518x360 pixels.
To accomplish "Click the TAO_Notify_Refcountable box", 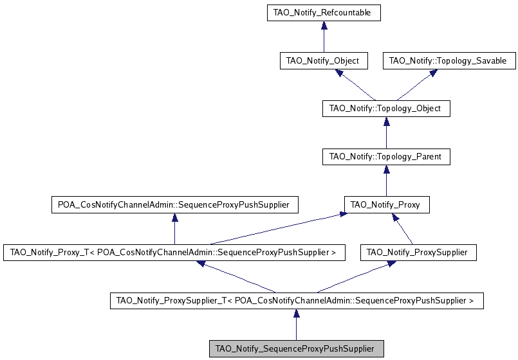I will click(x=323, y=12).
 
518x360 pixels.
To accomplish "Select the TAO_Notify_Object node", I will click(x=323, y=61).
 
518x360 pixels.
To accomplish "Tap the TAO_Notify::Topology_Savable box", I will click(x=448, y=61).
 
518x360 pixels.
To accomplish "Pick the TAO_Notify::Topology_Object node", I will click(x=385, y=109).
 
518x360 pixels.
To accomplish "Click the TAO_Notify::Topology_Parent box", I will click(x=385, y=156).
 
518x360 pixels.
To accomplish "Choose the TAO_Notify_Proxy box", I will click(x=385, y=205).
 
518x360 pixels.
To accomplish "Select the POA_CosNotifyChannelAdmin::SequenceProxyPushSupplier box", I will click(x=174, y=205).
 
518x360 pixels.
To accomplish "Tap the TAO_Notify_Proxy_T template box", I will click(x=174, y=253).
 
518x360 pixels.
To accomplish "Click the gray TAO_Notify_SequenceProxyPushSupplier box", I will click(x=296, y=348).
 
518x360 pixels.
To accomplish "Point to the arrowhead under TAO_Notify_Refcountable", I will click(x=323, y=25).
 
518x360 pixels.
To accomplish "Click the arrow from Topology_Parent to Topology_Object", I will click(x=385, y=133).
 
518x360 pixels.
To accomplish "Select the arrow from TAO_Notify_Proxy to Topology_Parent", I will click(x=385, y=181).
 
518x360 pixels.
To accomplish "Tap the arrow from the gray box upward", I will click(x=296, y=325).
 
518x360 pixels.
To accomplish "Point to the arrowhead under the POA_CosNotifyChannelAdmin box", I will click(x=174, y=218).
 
